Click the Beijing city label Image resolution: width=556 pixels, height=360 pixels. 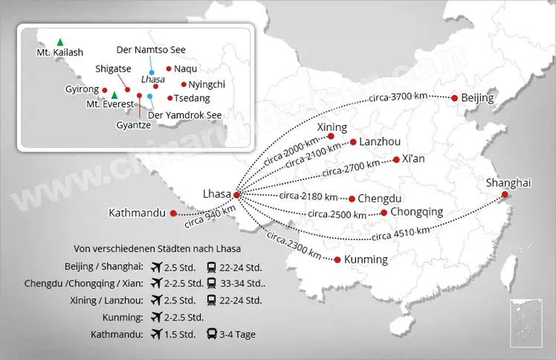[x=478, y=98]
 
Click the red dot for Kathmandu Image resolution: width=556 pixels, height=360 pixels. [x=173, y=213]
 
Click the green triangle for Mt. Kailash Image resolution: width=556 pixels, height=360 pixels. [x=59, y=41]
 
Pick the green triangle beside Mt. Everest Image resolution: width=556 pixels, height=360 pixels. [x=114, y=95]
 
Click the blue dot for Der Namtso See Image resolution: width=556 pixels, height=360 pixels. [x=152, y=72]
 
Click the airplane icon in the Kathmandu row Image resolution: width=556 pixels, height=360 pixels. [x=156, y=335]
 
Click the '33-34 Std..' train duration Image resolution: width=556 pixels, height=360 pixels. [x=243, y=283]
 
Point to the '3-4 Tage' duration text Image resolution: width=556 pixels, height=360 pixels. [x=238, y=335]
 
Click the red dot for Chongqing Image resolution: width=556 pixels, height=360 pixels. [x=384, y=213]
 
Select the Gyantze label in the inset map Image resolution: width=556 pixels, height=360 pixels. [x=134, y=126]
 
